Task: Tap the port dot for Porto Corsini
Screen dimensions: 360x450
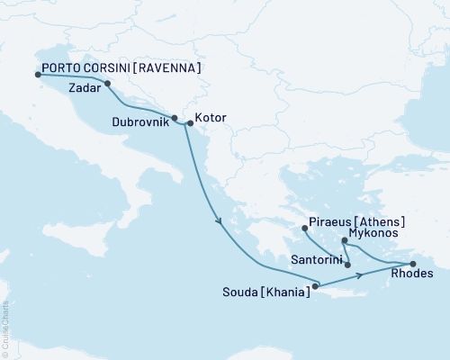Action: click(38, 75)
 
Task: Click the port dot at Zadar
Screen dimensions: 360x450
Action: click(108, 85)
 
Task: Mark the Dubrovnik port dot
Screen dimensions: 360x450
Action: click(175, 117)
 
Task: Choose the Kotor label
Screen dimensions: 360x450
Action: click(211, 118)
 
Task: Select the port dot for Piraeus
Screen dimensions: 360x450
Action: click(304, 228)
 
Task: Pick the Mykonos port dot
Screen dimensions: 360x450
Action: click(345, 240)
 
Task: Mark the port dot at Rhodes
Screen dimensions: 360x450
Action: click(412, 263)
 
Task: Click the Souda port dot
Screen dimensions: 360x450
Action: click(314, 287)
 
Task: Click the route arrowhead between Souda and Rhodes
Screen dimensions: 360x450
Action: click(362, 274)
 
